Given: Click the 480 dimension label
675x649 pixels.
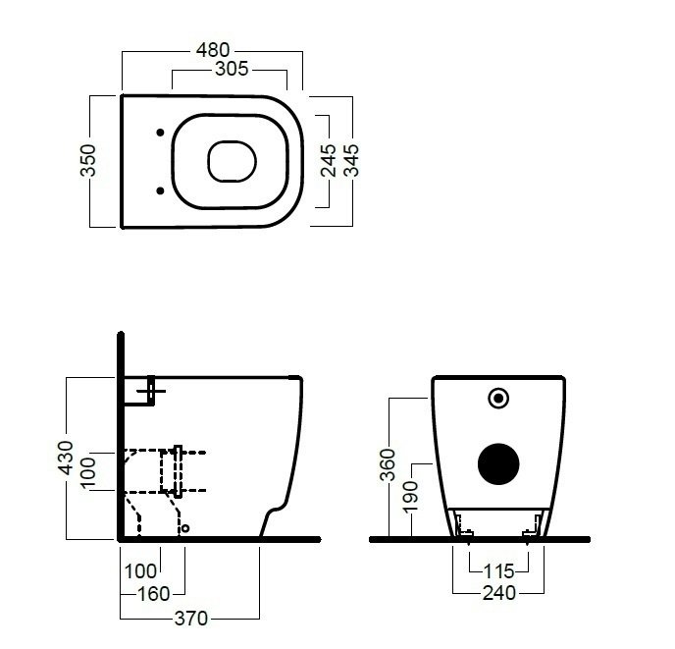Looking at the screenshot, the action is pyautogui.click(x=213, y=50).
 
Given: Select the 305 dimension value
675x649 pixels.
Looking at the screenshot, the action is pyautogui.click(x=232, y=69).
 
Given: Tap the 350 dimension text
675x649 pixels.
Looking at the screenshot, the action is pyautogui.click(x=88, y=160).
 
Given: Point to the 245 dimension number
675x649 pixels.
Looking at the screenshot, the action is pyautogui.click(x=329, y=160).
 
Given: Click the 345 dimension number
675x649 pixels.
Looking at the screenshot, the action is pyautogui.click(x=351, y=160).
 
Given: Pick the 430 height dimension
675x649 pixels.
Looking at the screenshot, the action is pyautogui.click(x=66, y=458).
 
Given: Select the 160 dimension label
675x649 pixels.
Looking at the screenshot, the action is pyautogui.click(x=154, y=594).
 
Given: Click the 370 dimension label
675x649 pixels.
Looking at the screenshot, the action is pyautogui.click(x=191, y=619).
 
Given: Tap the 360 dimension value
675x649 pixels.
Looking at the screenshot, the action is pyautogui.click(x=388, y=464).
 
